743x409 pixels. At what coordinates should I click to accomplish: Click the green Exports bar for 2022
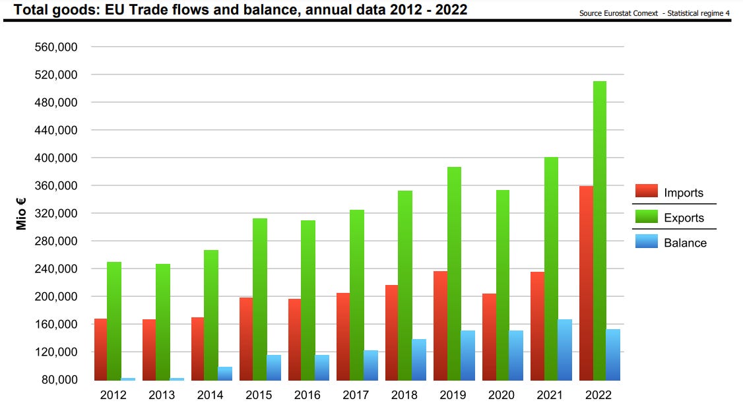click(x=599, y=231)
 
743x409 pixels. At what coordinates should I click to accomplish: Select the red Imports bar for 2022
click(x=586, y=283)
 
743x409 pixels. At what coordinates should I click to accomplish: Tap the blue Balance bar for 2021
click(x=564, y=350)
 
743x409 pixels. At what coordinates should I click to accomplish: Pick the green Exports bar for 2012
click(x=114, y=321)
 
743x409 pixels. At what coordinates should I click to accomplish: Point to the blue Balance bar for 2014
click(x=225, y=374)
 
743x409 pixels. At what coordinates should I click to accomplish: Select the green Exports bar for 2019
click(x=454, y=274)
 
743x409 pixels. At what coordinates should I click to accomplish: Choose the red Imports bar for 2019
click(x=440, y=326)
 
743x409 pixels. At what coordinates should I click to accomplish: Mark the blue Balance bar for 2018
click(x=419, y=360)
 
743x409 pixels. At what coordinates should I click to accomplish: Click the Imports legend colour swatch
click(x=647, y=192)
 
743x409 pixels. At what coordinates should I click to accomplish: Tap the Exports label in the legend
click(x=684, y=218)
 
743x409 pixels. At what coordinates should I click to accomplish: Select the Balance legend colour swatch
click(x=647, y=242)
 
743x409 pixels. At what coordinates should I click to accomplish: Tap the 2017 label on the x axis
click(x=356, y=395)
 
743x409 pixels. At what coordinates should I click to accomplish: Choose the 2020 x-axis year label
click(x=501, y=395)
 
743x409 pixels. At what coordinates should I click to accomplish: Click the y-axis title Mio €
click(x=22, y=214)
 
